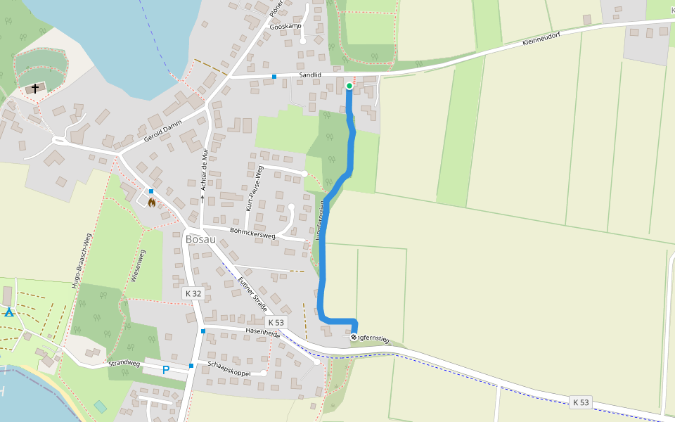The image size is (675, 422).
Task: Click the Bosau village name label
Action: click(x=200, y=239)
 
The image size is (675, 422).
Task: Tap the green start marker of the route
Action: click(x=349, y=86)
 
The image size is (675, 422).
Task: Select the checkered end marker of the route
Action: click(x=354, y=337)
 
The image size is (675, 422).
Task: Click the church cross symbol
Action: click(x=35, y=89)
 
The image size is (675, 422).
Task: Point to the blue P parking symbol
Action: click(x=166, y=370)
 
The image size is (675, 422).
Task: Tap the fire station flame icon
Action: click(x=151, y=203)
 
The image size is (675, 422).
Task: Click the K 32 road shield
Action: click(x=193, y=293)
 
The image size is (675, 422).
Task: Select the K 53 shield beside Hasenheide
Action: click(x=276, y=323)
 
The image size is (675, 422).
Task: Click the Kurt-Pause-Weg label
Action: click(x=254, y=188)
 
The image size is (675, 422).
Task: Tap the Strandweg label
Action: click(x=124, y=364)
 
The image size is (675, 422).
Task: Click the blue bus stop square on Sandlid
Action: click(x=275, y=76)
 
